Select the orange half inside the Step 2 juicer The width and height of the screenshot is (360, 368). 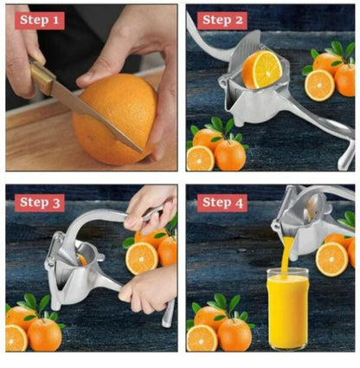tap(260, 69)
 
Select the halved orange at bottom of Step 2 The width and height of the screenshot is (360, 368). tap(200, 158)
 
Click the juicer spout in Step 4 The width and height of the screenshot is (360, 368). tap(284, 228)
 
